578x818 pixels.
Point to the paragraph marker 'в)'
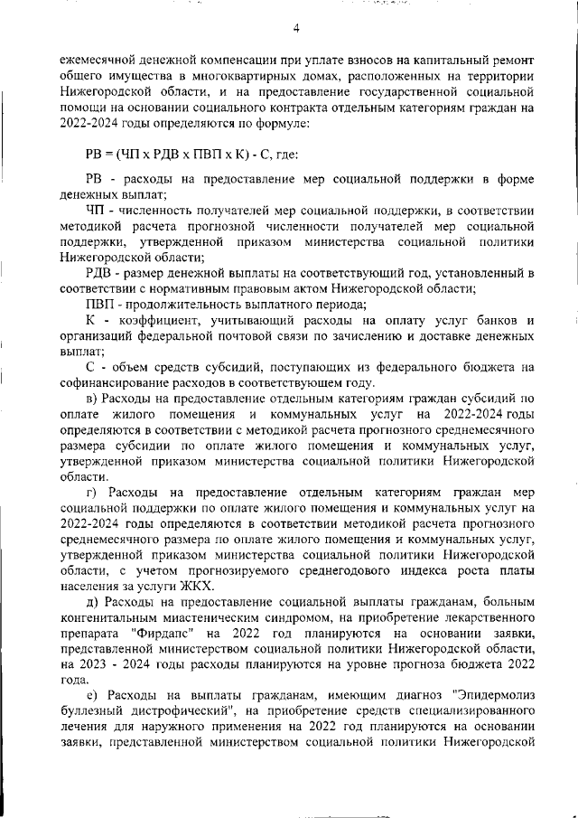(92, 397)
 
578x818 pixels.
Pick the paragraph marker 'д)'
(92, 602)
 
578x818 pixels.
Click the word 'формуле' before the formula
(286, 122)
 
